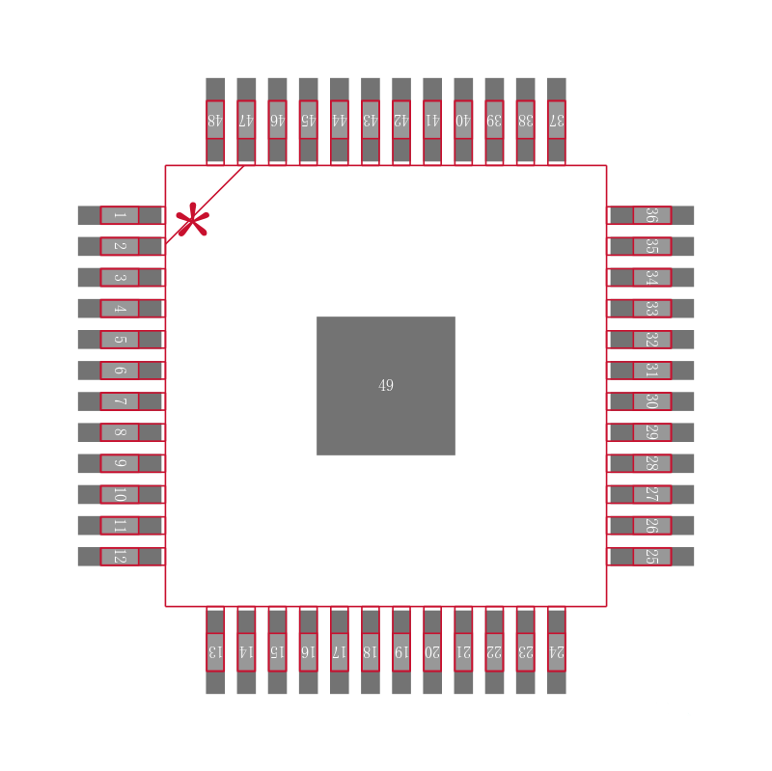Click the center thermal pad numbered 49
386,385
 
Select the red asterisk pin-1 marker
192,221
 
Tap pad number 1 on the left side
120,215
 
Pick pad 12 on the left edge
120,557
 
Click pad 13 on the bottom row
215,651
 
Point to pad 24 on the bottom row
557,651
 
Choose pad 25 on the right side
651,557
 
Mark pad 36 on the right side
651,215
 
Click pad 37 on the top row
557,120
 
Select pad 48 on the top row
215,120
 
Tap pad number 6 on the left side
120,371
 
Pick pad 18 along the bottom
371,651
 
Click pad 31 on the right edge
651,371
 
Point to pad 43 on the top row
371,120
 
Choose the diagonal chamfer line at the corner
205,205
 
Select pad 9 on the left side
120,463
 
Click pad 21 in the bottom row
463,651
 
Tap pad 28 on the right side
651,463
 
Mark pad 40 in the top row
463,120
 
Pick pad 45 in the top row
308,120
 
